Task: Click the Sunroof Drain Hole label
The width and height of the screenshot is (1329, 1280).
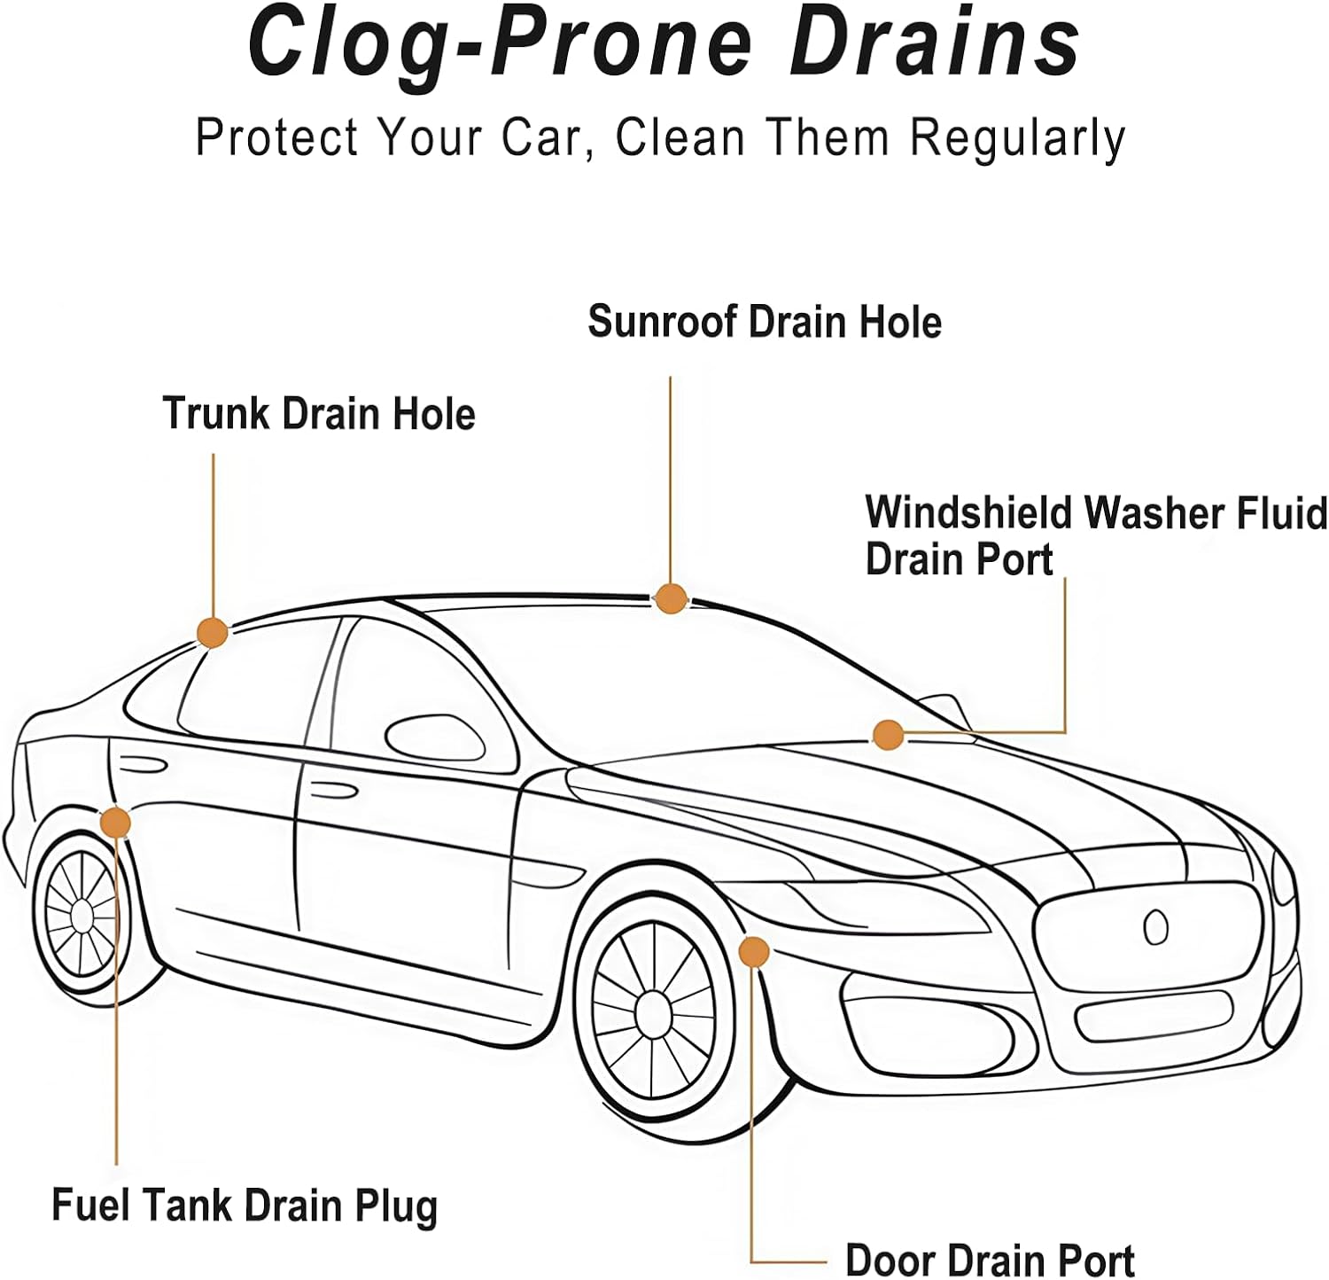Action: [764, 321]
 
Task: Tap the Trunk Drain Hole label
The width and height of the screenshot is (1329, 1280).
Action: [319, 414]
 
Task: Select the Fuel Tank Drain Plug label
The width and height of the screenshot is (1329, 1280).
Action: [245, 1206]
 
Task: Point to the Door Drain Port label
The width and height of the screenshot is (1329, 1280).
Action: [990, 1260]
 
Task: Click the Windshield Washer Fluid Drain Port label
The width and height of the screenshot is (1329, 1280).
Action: [1095, 535]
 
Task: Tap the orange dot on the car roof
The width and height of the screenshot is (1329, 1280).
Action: [670, 599]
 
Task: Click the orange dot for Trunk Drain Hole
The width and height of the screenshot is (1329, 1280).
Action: [212, 632]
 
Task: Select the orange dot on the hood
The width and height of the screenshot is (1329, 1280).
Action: [887, 735]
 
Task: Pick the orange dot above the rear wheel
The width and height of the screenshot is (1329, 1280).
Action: [114, 823]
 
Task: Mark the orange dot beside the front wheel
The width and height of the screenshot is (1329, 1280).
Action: [753, 951]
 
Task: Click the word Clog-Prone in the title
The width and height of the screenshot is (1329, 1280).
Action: [500, 43]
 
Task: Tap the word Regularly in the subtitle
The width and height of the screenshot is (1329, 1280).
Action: [1018, 138]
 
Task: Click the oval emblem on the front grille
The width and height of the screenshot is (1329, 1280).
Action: [1155, 927]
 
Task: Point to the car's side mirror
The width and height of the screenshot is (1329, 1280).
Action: [434, 738]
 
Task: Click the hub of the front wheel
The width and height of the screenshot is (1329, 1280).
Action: [654, 1012]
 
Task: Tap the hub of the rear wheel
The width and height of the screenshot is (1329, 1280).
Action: [81, 914]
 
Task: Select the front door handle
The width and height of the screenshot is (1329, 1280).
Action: [333, 791]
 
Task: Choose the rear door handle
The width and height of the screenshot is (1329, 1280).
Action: [142, 763]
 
